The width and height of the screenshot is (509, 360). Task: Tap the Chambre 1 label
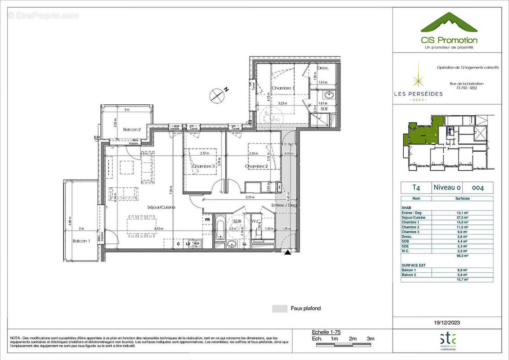283,89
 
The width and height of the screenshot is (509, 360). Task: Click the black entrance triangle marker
287,253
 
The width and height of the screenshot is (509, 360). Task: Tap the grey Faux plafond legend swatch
279,309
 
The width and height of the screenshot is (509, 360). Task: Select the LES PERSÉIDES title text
418,94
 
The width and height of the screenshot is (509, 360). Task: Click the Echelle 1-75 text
326,332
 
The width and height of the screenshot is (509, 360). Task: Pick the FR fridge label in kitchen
207,220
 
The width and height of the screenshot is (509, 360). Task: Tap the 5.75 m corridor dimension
250,197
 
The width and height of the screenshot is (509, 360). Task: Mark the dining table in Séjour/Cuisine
142,225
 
